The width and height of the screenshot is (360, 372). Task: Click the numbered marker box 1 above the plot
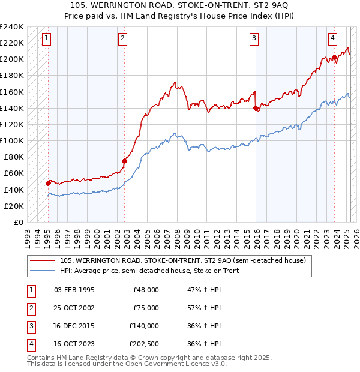pos(47,39)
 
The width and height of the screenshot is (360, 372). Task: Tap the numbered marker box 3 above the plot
pos(254,39)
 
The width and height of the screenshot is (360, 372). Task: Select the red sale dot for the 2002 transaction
pos(125,161)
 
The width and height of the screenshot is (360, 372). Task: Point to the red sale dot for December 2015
pos(256,109)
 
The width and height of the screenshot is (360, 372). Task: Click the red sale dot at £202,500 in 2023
pos(334,58)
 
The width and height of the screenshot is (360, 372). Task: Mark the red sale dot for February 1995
pos(48,183)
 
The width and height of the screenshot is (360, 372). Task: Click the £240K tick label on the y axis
pos(12,27)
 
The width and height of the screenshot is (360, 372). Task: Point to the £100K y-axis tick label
pos(12,141)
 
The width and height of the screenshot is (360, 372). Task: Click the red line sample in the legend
pos(42,261)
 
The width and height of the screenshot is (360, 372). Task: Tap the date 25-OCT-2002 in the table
pos(74,308)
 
